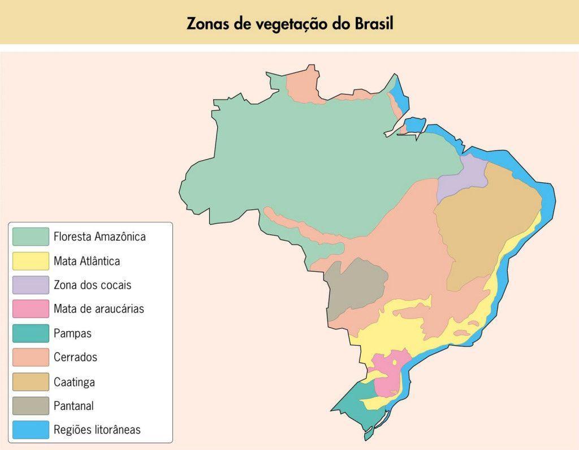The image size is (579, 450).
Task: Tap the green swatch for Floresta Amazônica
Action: pos(31,237)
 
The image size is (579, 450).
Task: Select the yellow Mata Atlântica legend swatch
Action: pos(31,261)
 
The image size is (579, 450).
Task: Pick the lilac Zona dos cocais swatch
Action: pos(31,285)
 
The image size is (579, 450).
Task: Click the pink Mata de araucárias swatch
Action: pos(31,309)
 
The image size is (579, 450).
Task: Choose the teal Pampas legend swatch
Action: pos(31,333)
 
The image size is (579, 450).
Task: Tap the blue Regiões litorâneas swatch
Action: pos(31,430)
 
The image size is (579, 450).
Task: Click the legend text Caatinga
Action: pos(74,382)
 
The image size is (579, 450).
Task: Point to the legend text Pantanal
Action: pos(74,406)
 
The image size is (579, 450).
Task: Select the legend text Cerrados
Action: pos(75,357)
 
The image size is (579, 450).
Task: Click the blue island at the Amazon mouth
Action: pos(416,124)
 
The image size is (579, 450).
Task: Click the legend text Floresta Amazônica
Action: pos(100,237)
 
